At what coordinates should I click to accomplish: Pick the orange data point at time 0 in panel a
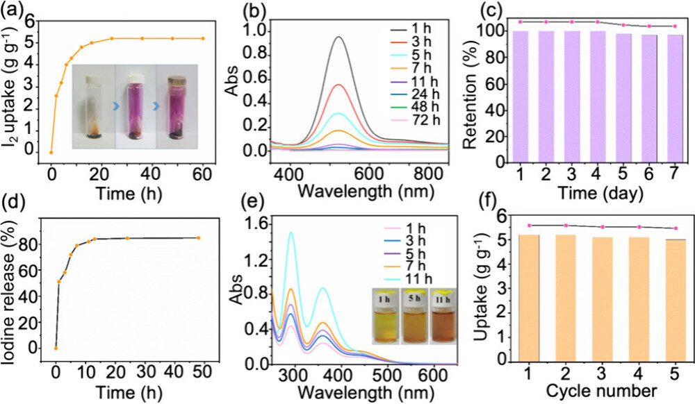tap(51, 152)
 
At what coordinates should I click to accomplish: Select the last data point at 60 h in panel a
tap(203, 38)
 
